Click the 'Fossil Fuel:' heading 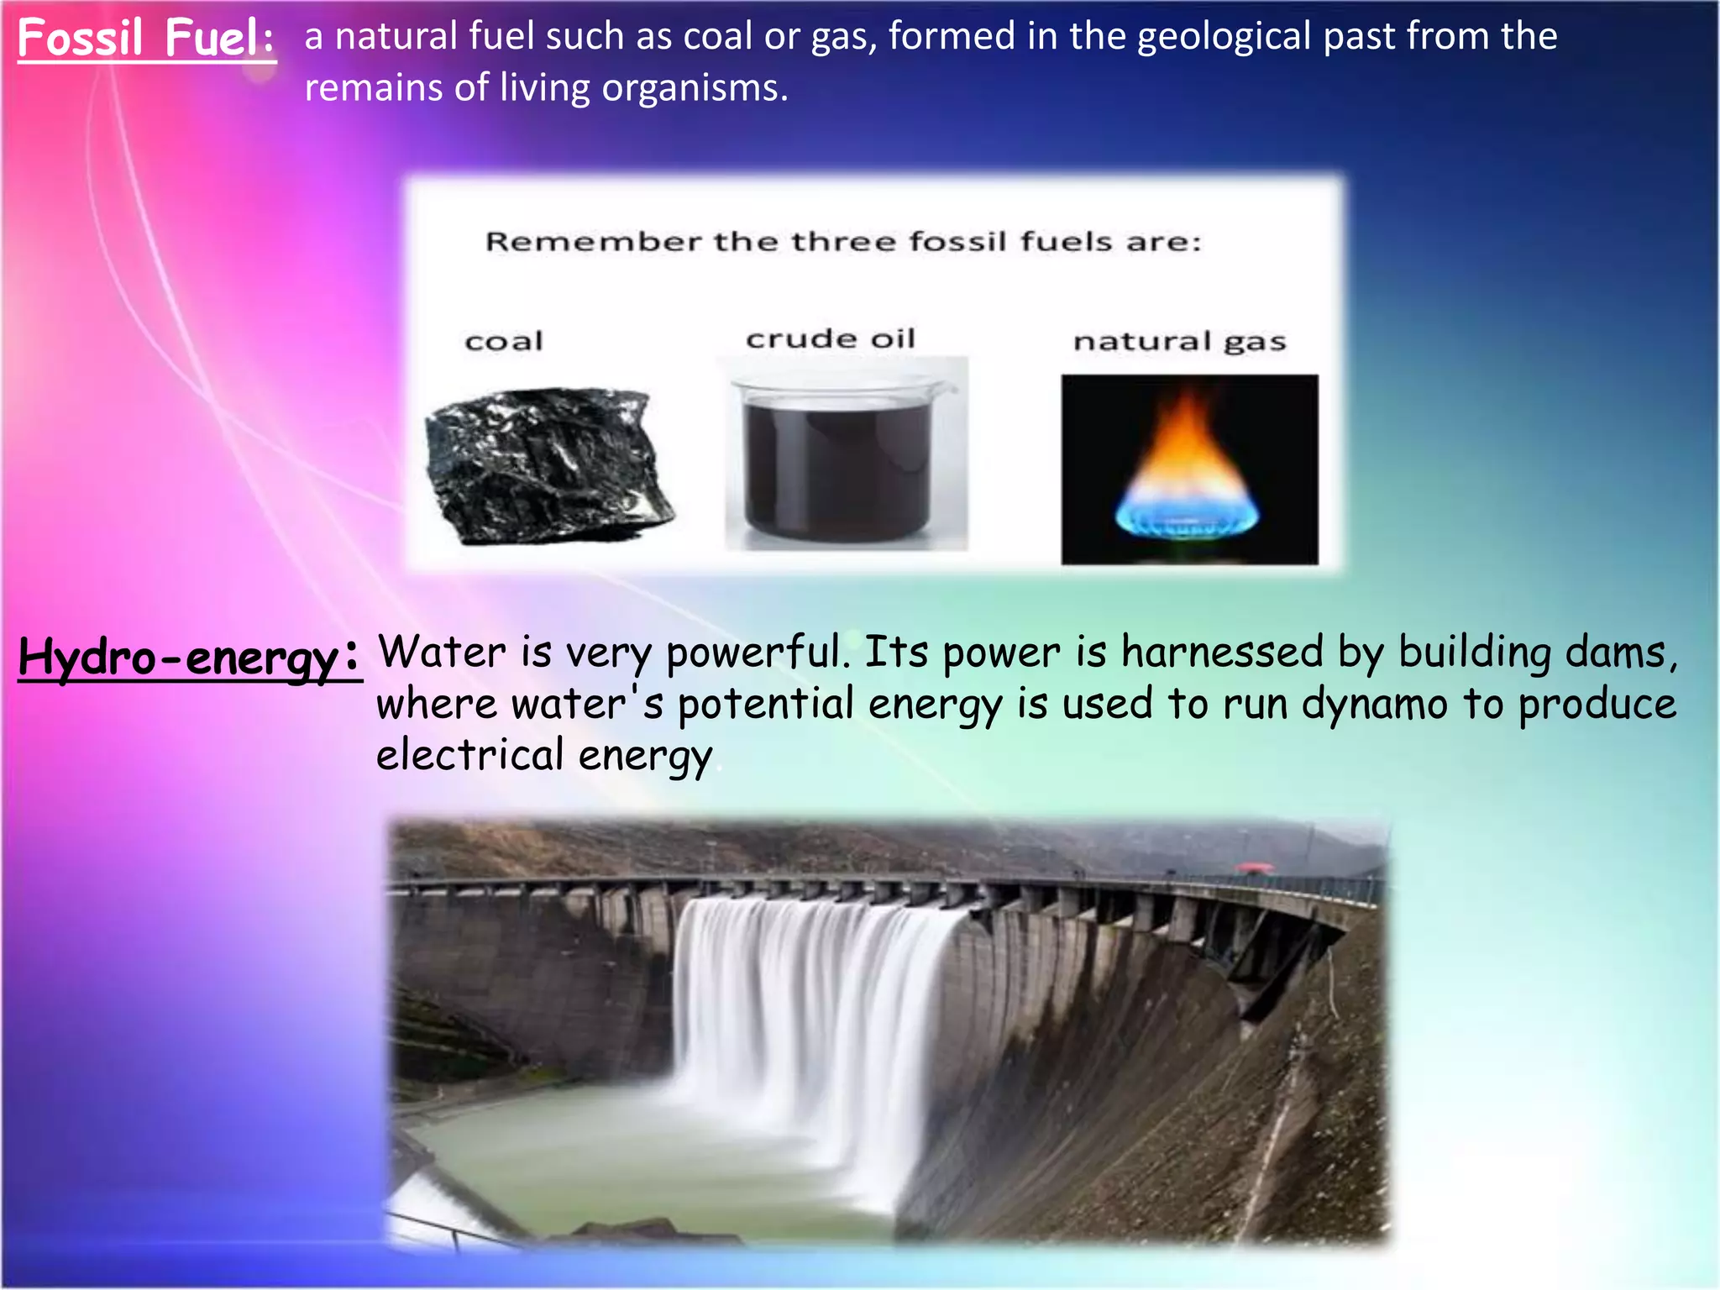click(x=146, y=39)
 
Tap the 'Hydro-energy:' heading click(x=189, y=657)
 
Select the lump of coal click(x=548, y=466)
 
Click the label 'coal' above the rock click(x=504, y=341)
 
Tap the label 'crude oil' click(x=830, y=338)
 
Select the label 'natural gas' click(x=1179, y=342)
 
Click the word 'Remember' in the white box click(x=593, y=242)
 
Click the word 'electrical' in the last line click(x=469, y=754)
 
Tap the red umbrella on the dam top click(x=1254, y=867)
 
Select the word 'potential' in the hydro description click(x=765, y=704)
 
